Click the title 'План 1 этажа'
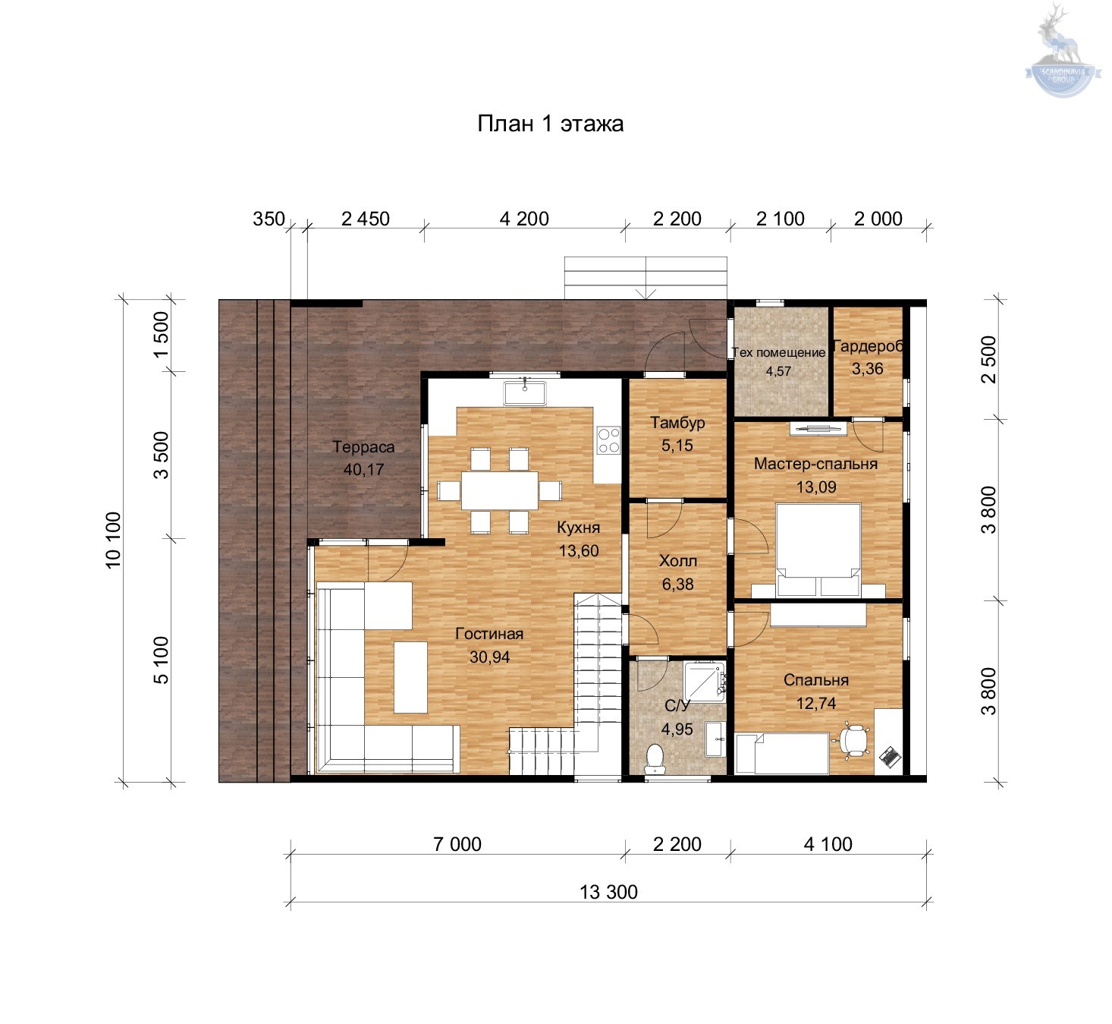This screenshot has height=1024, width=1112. tap(550, 124)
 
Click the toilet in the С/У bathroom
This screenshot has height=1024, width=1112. tap(655, 759)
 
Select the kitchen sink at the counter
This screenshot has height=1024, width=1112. tap(524, 392)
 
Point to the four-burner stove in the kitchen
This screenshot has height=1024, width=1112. tap(608, 440)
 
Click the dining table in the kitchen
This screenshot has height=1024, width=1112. tap(499, 490)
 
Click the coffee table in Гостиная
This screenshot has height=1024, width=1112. tap(410, 677)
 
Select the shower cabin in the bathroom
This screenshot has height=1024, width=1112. tap(704, 682)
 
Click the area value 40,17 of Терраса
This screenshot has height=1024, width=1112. tap(363, 470)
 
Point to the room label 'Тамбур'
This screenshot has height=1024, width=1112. tap(677, 422)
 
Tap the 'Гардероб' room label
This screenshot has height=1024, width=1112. tap(868, 346)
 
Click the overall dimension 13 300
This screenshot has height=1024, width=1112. tap(608, 892)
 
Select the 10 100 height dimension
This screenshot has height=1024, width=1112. tap(113, 540)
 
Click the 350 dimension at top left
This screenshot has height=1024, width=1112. tap(269, 219)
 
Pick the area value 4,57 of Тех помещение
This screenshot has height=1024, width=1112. tap(778, 371)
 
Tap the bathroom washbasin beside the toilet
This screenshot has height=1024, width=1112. tap(715, 739)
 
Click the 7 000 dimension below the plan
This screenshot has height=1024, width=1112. tap(457, 844)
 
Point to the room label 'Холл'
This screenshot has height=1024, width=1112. tap(677, 560)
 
